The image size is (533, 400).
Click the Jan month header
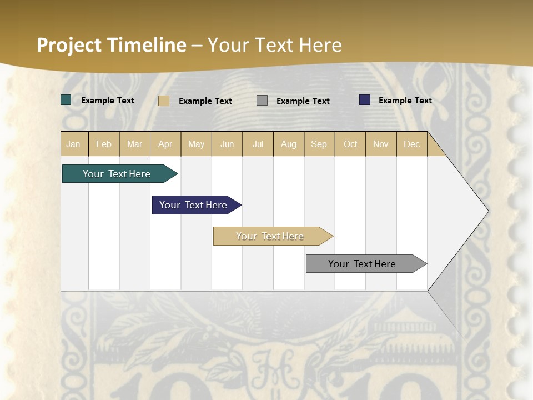74,144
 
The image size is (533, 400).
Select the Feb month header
104,144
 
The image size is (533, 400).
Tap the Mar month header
134,144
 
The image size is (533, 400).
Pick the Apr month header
165,144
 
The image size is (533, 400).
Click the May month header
196,144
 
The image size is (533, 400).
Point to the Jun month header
227,144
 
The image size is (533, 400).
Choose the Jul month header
258,144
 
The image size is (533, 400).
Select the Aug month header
289,144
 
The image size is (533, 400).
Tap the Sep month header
319,144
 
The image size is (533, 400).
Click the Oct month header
350,144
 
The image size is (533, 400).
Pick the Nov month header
381,144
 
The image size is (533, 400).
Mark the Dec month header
412,144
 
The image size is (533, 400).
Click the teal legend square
66,100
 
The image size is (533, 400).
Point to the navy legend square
365,100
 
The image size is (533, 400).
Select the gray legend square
262,101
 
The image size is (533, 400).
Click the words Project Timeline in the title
112,45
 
